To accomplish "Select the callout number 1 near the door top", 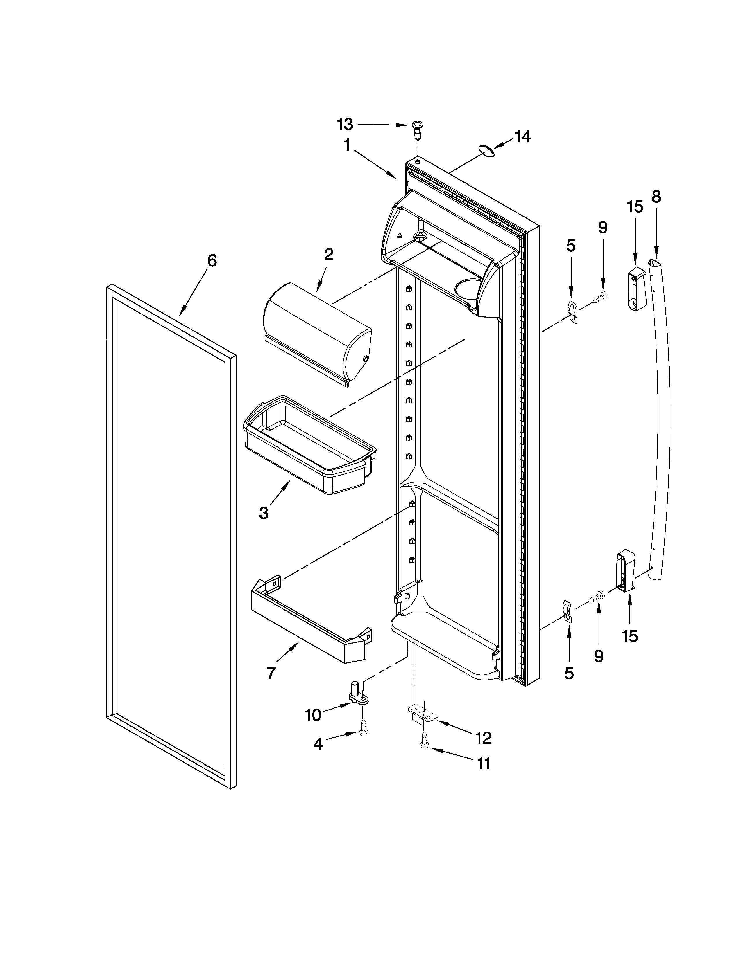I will (x=347, y=145).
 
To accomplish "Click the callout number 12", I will (x=483, y=738).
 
